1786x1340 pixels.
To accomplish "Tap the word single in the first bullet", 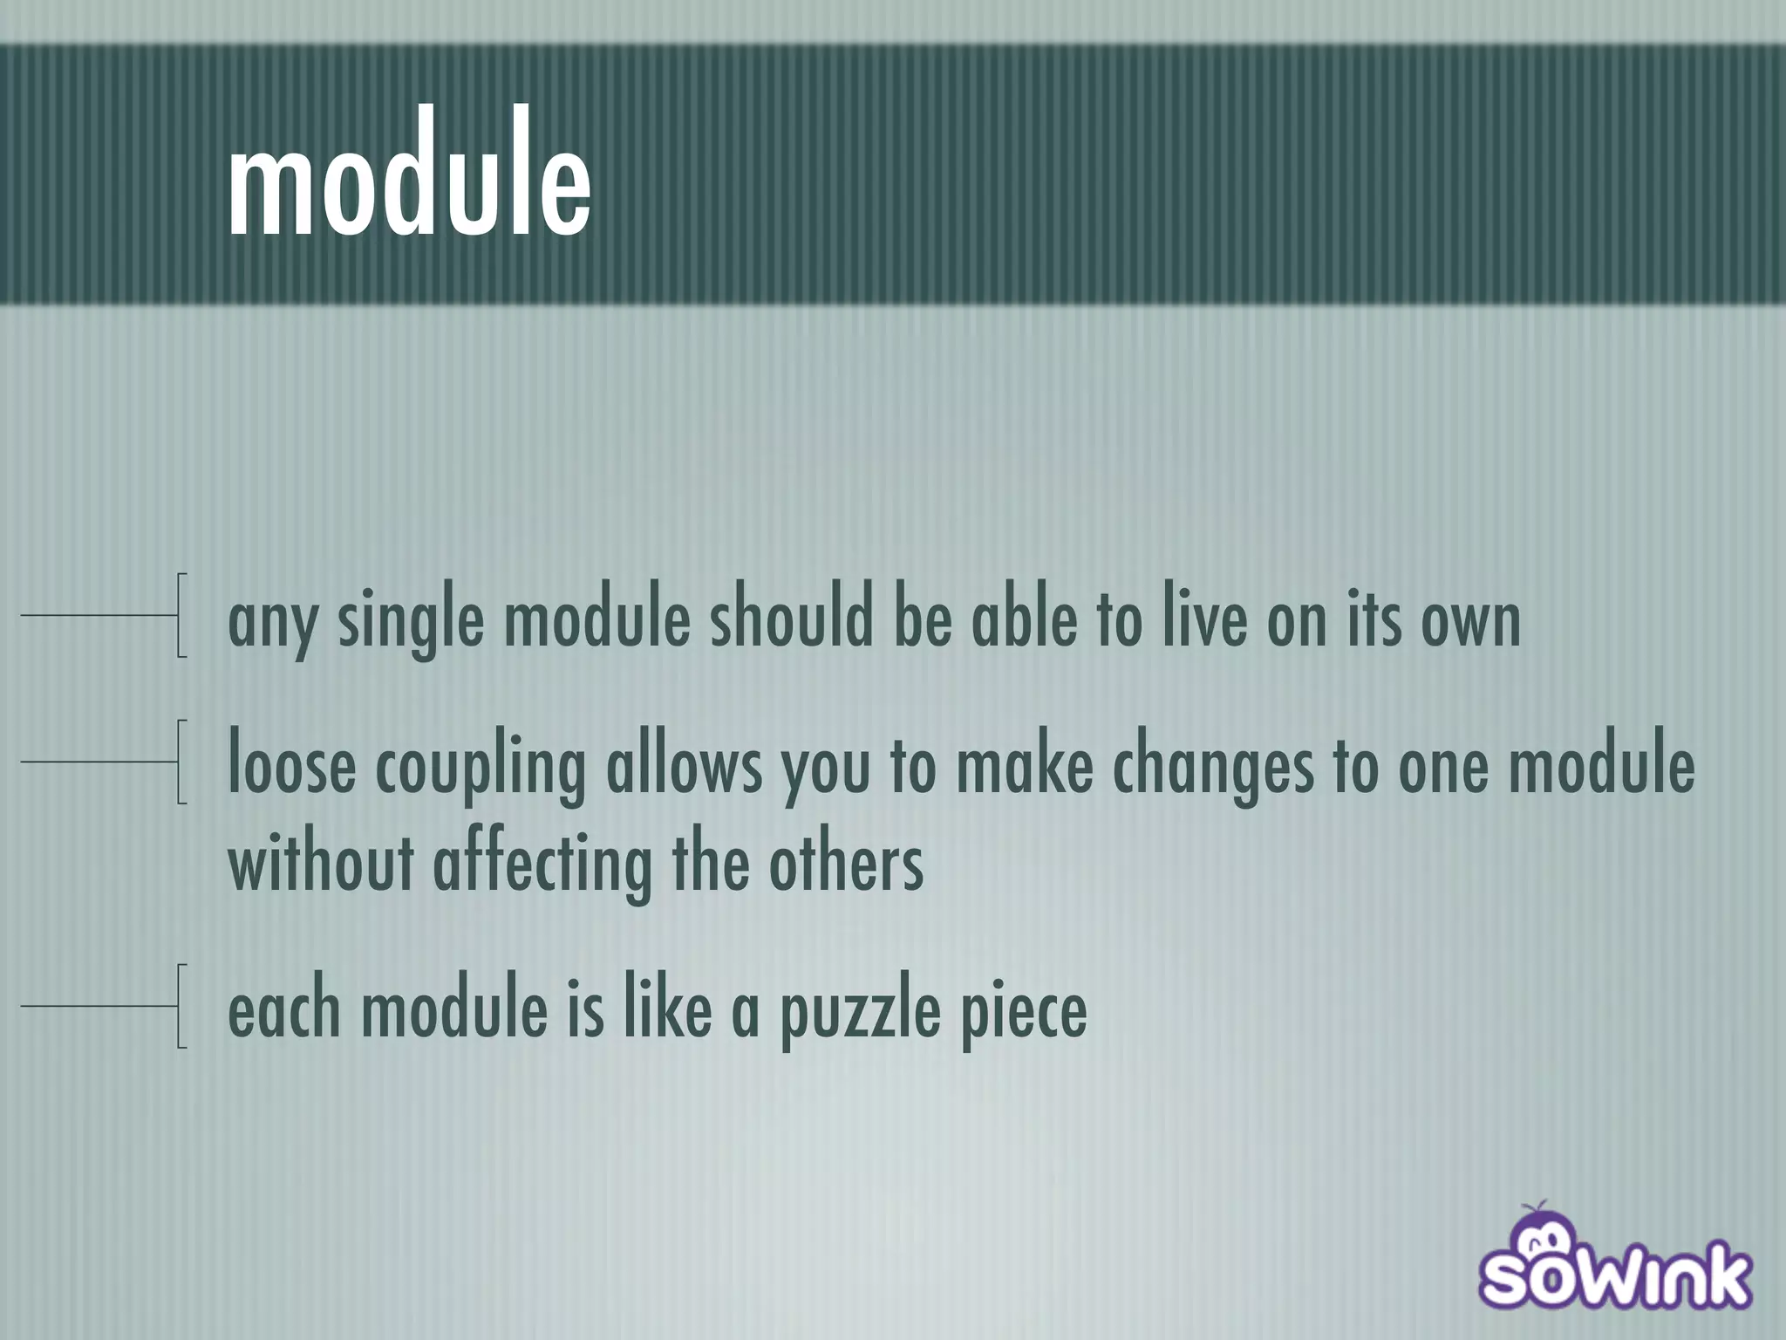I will pos(410,621).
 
